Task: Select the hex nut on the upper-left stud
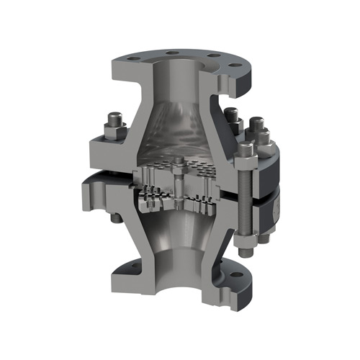coord(114,128)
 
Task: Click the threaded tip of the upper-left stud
coord(114,116)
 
